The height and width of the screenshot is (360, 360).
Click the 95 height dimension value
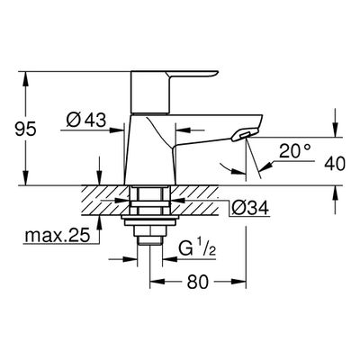26,129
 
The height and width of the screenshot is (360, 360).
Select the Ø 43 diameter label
86,121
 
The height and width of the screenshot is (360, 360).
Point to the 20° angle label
294,151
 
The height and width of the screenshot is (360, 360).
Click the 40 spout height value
335,164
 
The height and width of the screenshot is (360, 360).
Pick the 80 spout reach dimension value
198,282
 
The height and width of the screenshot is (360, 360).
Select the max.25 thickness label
58,236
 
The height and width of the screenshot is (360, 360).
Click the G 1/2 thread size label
197,248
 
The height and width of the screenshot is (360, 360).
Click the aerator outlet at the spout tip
245,134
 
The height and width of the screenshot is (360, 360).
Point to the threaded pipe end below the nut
149,241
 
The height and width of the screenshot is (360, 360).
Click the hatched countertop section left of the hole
105,200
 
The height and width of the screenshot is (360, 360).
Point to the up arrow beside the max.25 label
99,223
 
